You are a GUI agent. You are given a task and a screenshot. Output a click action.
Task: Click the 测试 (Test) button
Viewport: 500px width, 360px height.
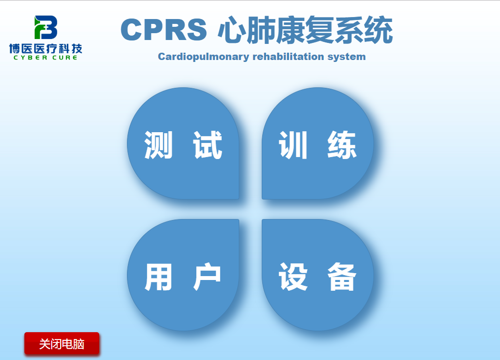click(x=183, y=143)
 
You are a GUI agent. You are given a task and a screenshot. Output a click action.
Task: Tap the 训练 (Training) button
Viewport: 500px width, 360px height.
click(x=317, y=143)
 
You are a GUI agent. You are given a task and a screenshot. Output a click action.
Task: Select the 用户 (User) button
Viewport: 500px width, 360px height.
click(x=183, y=275)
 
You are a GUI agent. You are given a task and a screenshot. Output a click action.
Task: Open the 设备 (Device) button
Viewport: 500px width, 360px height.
click(x=317, y=275)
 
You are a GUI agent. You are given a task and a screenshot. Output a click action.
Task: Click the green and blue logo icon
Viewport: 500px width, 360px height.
click(x=46, y=27)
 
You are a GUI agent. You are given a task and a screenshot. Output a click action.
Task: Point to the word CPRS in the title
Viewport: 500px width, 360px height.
click(x=164, y=29)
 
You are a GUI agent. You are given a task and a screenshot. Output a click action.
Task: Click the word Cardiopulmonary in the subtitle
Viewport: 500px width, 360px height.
click(x=204, y=57)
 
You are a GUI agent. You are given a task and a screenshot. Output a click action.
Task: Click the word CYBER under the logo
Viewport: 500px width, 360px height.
click(x=30, y=58)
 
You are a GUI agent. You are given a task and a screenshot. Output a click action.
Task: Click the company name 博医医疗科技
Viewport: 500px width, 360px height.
click(x=45, y=48)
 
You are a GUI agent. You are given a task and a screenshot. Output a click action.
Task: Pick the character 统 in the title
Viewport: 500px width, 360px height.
click(x=378, y=30)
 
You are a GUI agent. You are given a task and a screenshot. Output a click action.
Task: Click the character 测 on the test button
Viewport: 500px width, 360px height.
click(x=159, y=145)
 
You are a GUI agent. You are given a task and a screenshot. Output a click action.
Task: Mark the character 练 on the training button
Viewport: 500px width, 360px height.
click(x=342, y=145)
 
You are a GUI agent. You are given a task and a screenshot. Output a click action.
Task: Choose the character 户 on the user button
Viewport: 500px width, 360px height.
click(x=207, y=276)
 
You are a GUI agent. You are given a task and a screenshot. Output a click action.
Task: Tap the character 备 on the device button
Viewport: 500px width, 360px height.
click(x=342, y=276)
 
